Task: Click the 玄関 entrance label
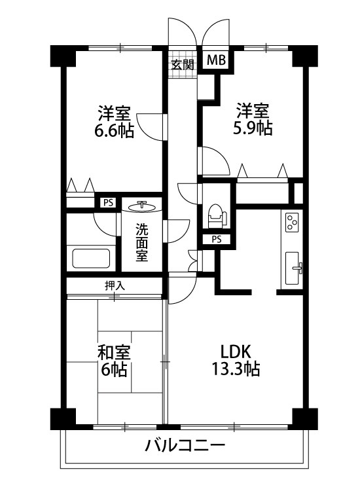[183, 65]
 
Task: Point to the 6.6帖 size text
[115, 130]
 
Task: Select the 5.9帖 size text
[253, 128]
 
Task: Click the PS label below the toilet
[216, 239]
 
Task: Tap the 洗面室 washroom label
[142, 242]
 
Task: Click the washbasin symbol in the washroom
[142, 207]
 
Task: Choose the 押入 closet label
[114, 285]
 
